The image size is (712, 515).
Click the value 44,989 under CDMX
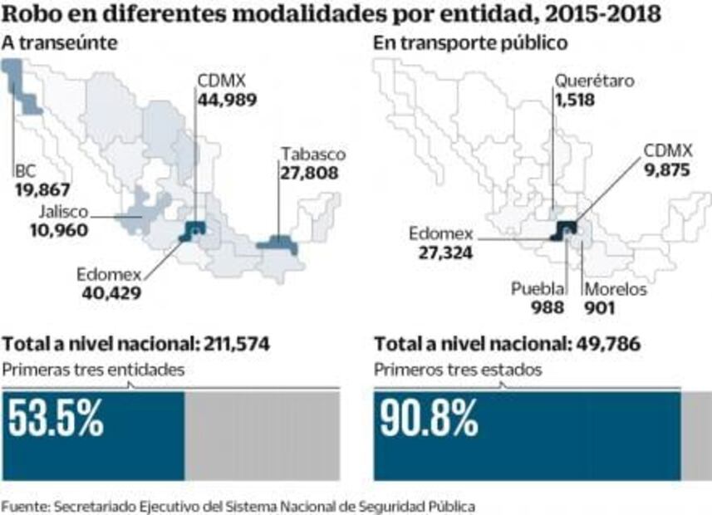coord(227,100)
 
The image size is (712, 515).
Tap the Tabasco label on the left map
coord(312,154)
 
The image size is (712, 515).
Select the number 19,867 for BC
coord(42,189)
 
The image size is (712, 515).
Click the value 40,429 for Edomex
coord(111,292)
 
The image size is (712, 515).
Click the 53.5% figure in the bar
coord(56,419)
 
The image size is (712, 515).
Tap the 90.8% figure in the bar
coord(430,419)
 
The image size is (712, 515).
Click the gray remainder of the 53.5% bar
coord(261,435)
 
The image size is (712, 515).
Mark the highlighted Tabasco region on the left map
coord(278,244)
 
